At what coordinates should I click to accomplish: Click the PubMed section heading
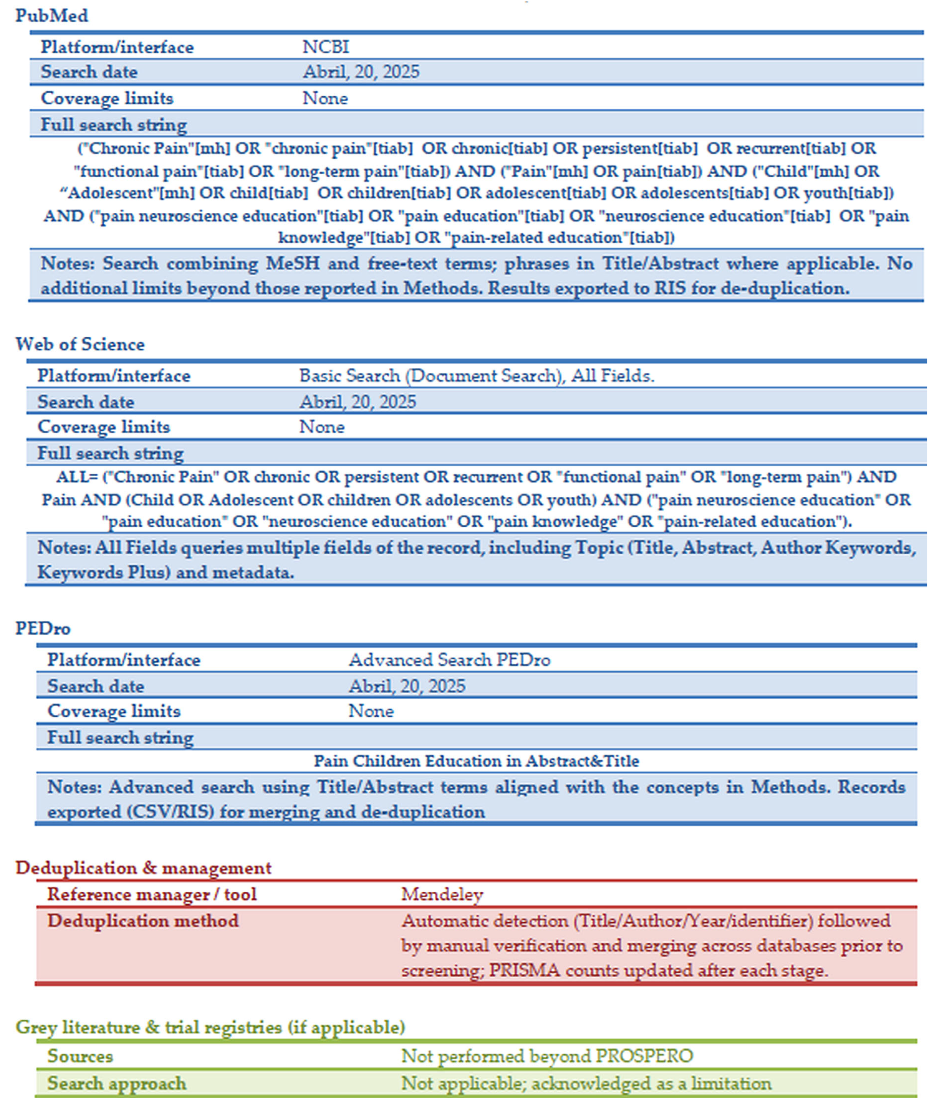[x=51, y=16]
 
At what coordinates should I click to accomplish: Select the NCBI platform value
[x=326, y=47]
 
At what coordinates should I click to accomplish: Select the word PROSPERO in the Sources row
[x=644, y=1056]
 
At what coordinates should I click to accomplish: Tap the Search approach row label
[x=117, y=1083]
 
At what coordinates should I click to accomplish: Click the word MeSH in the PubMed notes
[x=293, y=264]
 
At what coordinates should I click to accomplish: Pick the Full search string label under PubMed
[x=114, y=125]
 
